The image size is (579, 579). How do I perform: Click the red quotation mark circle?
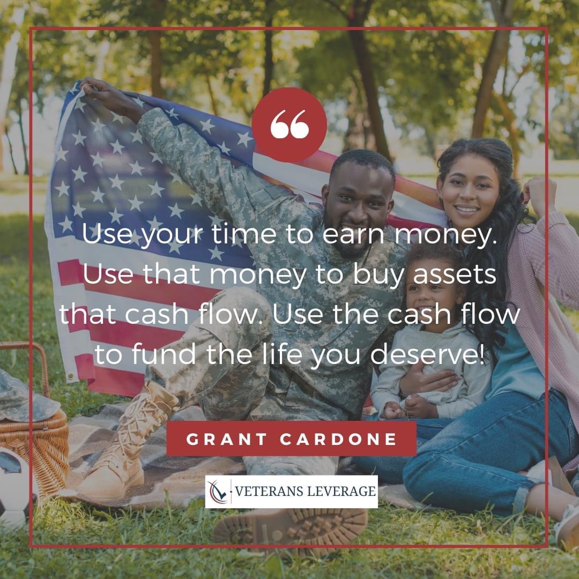(x=289, y=125)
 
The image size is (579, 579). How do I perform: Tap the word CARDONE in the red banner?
(x=338, y=439)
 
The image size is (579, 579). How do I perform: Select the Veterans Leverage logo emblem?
(x=219, y=491)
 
